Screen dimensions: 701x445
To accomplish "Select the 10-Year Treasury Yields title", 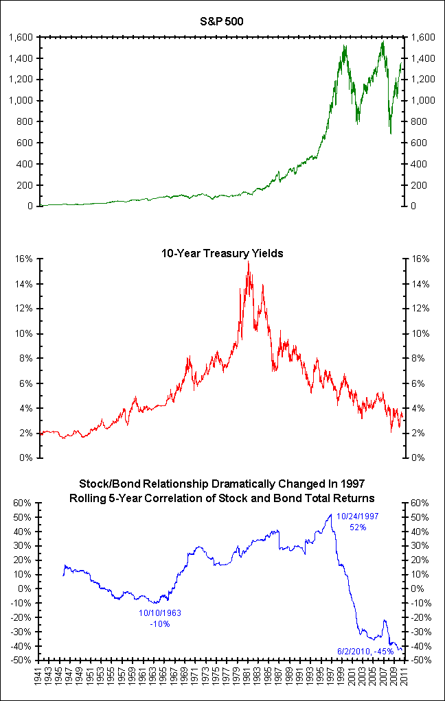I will (222, 254).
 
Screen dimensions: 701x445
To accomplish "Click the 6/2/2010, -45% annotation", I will (365, 650).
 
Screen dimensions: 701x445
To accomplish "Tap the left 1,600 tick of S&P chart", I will (21, 37).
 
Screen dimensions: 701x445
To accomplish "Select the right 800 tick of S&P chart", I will (420, 122).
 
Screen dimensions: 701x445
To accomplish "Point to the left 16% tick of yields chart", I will (26, 259).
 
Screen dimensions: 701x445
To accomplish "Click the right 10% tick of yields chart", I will (420, 334).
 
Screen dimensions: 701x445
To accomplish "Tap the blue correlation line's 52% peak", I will (331, 514).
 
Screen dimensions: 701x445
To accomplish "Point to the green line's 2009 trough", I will (390, 134).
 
